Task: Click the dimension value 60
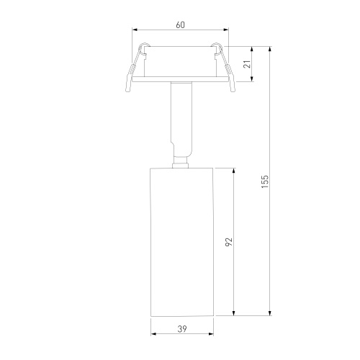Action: pyautogui.click(x=180, y=24)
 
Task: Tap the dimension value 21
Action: pyautogui.click(x=247, y=64)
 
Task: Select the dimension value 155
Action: pyautogui.click(x=265, y=181)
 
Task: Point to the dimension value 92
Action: pyautogui.click(x=229, y=242)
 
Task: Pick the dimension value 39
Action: pyautogui.click(x=182, y=329)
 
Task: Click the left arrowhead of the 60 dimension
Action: pyautogui.click(x=135, y=30)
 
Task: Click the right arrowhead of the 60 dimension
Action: pyautogui.click(x=226, y=30)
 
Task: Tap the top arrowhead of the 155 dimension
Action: pyautogui.click(x=270, y=49)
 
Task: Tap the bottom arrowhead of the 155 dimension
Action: pyautogui.click(x=270, y=313)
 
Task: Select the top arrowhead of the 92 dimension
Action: pyautogui.click(x=234, y=171)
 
